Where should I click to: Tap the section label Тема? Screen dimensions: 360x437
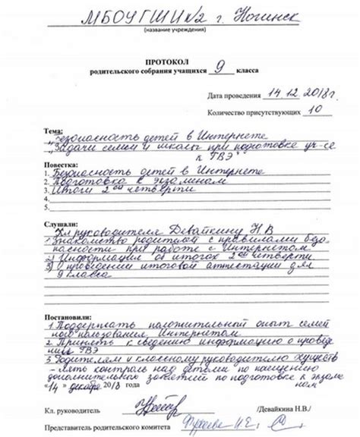(53, 130)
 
